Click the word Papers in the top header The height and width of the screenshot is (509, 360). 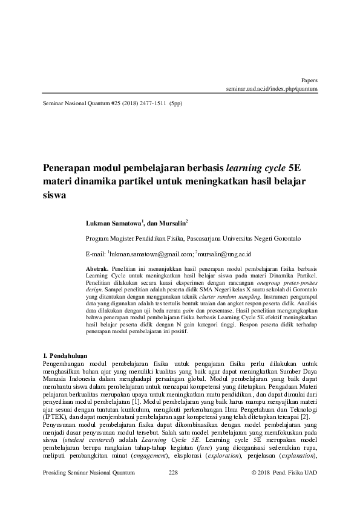[x=309, y=80]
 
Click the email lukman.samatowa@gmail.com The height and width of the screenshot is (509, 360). [x=152, y=254]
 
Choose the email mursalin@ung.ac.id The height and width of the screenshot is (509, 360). [x=224, y=254]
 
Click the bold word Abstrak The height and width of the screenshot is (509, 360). [x=97, y=268]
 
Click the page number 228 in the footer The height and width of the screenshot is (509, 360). [x=173, y=488]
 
